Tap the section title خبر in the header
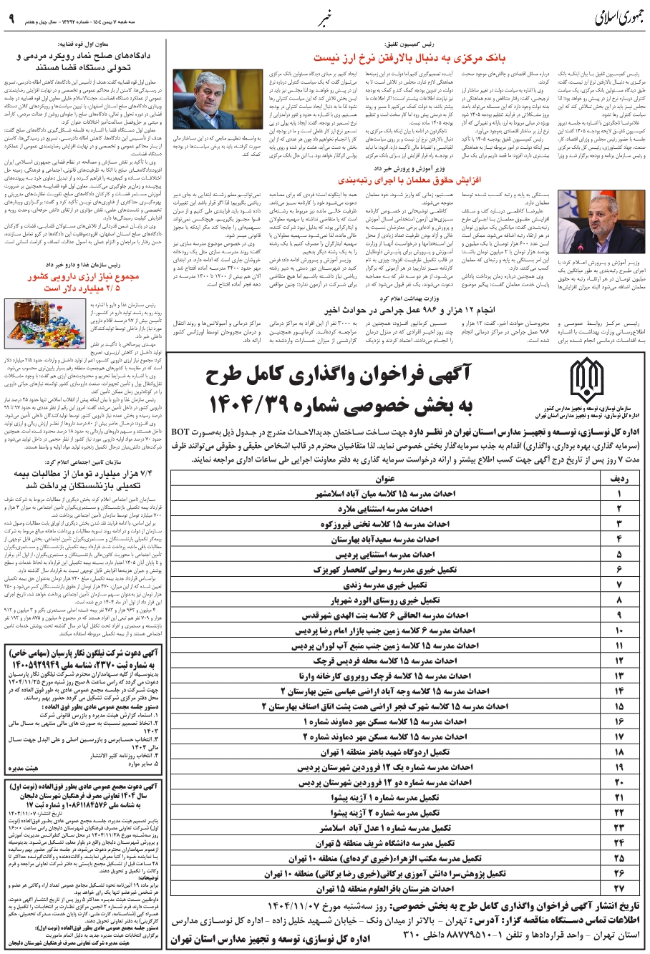(x=325, y=16)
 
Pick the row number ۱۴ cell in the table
(x=619, y=691)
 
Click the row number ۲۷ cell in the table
(x=619, y=888)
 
